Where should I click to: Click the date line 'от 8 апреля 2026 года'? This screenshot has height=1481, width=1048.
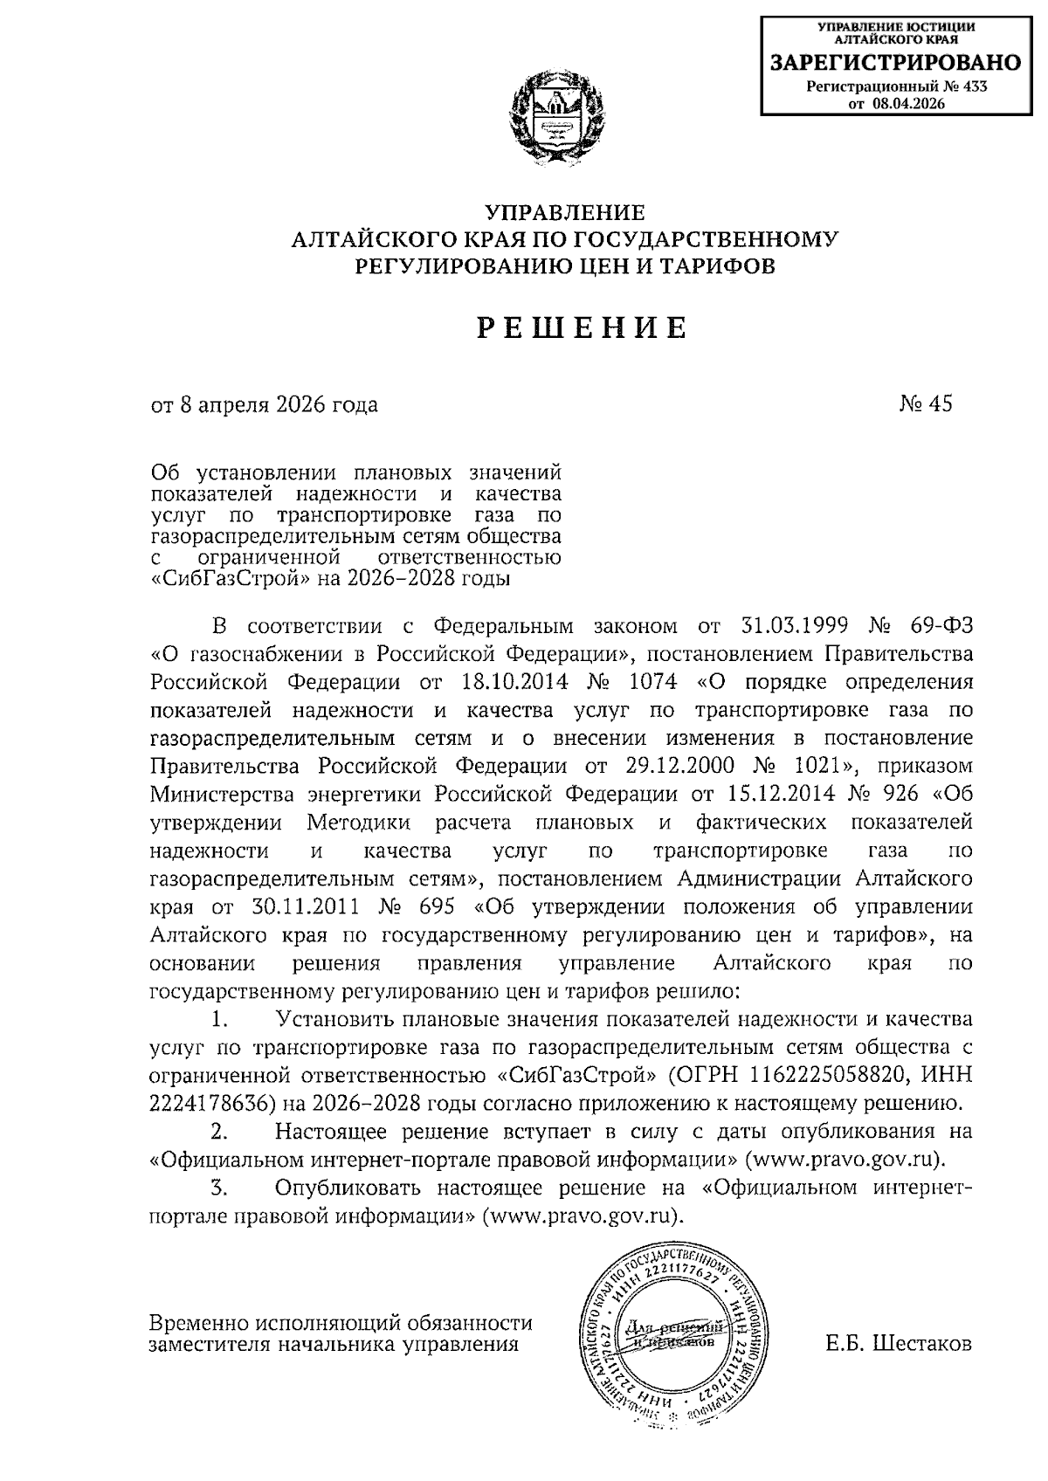point(265,405)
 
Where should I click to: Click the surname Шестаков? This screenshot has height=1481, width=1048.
point(922,1344)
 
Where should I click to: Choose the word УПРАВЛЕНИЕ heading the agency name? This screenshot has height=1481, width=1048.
point(565,212)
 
